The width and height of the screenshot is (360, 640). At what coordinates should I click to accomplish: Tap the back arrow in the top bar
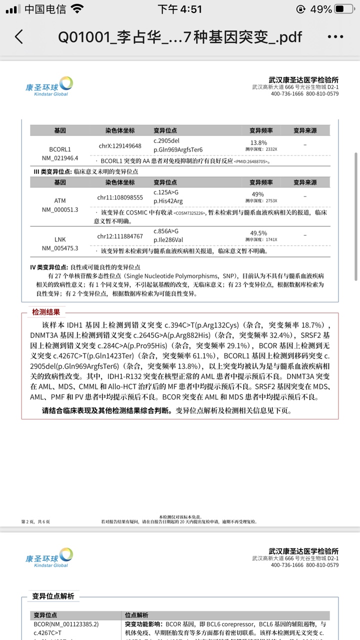pos(19,37)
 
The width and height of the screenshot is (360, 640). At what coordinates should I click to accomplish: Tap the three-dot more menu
pos(335,37)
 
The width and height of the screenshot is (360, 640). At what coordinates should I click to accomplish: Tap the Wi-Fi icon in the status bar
pos(77,9)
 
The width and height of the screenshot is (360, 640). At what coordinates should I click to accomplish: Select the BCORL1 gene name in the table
pos(60,149)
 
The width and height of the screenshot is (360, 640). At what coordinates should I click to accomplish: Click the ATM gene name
pos(60,200)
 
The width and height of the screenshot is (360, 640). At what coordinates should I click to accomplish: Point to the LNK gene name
pos(60,239)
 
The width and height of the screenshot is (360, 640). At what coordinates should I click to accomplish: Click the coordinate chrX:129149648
pos(120,146)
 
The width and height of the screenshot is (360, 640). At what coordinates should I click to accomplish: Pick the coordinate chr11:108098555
pos(120,197)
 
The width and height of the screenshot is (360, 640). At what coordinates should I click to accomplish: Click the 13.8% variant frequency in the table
pos(258,142)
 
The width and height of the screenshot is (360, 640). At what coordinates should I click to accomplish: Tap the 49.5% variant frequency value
pos(258,233)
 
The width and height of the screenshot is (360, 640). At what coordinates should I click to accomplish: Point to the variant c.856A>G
pos(166,231)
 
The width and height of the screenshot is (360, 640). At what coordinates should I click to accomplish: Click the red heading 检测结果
pos(46,312)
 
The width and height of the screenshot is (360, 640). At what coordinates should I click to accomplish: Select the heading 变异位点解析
pos(53,596)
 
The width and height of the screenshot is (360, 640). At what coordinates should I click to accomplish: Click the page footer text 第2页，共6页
pos(35,521)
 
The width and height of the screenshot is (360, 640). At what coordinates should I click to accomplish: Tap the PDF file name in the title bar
pos(180,37)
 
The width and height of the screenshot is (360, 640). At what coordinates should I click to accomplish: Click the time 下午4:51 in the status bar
pos(179,9)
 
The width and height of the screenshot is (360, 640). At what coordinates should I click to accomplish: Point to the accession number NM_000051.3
pos(60,209)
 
